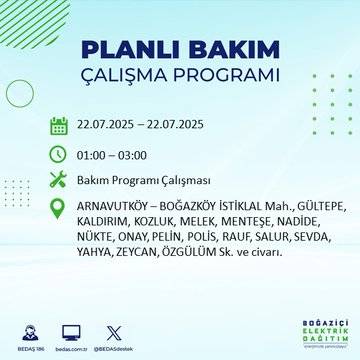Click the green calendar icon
pos(58,126)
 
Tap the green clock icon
pos(58,155)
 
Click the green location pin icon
pos(58,211)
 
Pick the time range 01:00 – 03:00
pos(114,155)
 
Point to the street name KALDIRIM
pos(104,224)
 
